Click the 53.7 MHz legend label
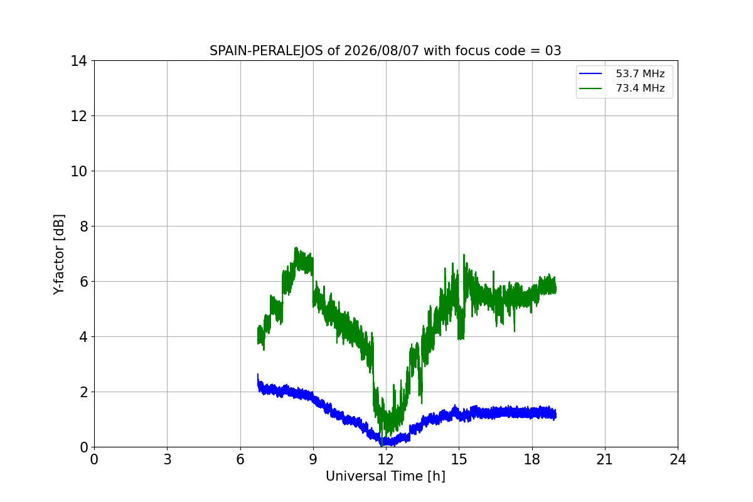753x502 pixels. point(640,73)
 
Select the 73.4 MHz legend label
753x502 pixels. point(640,88)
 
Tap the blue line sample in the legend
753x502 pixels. point(590,73)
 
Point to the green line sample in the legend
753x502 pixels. point(590,88)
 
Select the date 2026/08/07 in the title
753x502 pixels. point(382,51)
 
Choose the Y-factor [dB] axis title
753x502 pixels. point(59,255)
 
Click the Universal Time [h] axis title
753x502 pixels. point(385,476)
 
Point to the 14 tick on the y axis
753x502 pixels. point(78,61)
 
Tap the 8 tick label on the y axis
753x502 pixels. point(83,227)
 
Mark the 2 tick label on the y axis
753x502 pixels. point(83,392)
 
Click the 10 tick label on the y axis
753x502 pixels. point(78,171)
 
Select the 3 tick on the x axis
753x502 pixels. point(168,459)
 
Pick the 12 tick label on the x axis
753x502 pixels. point(386,459)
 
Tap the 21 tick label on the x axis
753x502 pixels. point(605,459)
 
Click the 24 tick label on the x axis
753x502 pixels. point(678,459)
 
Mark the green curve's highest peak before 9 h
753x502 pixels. point(296,248)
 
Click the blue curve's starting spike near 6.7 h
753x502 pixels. point(258,374)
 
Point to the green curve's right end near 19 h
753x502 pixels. point(556,289)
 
